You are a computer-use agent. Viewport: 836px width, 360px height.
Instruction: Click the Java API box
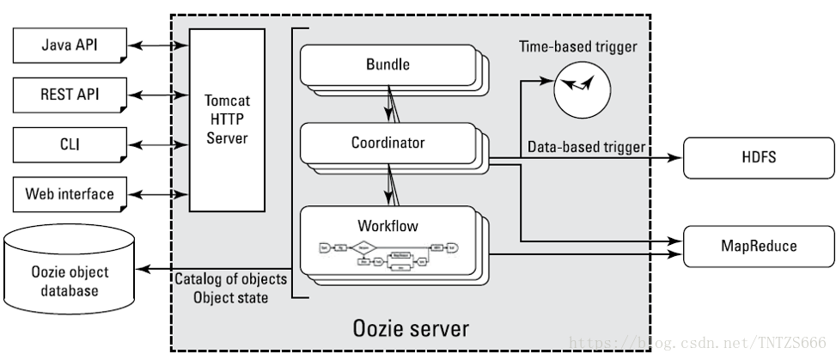(69, 45)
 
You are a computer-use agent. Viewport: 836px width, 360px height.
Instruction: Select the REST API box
(69, 94)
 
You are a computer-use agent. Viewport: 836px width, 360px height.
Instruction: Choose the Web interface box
(69, 193)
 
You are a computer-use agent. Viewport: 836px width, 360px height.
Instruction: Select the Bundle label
(387, 64)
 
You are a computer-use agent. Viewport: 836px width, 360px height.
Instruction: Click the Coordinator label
(387, 143)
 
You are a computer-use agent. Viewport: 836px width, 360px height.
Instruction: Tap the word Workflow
(387, 203)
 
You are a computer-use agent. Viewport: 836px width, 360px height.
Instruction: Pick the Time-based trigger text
(578, 46)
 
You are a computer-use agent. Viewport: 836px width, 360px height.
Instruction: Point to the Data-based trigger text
(586, 147)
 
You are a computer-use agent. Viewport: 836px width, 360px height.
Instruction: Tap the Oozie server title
(411, 328)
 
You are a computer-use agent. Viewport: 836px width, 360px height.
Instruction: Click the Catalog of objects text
(231, 279)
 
